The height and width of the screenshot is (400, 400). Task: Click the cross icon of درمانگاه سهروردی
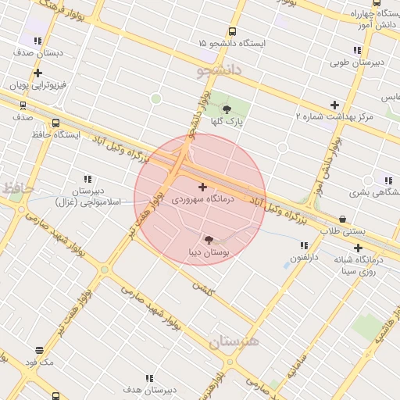(203, 187)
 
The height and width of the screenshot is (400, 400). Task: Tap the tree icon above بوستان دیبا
(209, 240)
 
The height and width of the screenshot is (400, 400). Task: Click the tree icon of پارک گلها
(227, 109)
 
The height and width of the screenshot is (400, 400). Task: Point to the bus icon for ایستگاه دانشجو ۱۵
(232, 31)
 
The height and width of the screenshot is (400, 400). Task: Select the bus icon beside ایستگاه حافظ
(55, 123)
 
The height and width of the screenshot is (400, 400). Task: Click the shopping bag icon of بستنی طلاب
(342, 219)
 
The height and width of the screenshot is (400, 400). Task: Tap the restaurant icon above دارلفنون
(304, 245)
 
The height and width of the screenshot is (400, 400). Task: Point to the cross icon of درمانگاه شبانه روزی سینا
(358, 248)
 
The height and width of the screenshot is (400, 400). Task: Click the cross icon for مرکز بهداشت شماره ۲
(334, 105)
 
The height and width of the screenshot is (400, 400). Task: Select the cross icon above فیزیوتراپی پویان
(37, 73)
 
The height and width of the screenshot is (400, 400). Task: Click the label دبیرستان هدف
(142, 388)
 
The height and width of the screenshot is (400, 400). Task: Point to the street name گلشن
(203, 287)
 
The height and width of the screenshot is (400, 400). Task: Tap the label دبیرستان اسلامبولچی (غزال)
(87, 196)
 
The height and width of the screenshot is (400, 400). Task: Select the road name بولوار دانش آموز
(329, 166)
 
